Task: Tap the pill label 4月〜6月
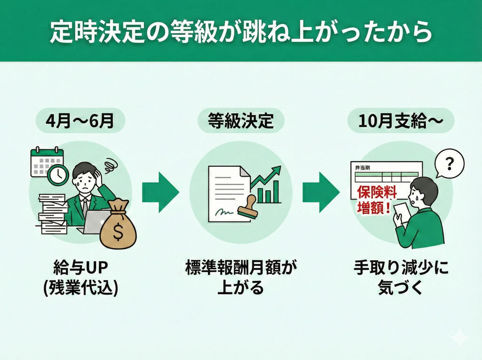click(80, 121)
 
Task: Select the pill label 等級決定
click(241, 121)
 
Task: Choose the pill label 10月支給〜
click(401, 121)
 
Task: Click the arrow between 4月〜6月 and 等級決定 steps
click(161, 192)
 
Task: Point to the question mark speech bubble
click(449, 164)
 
